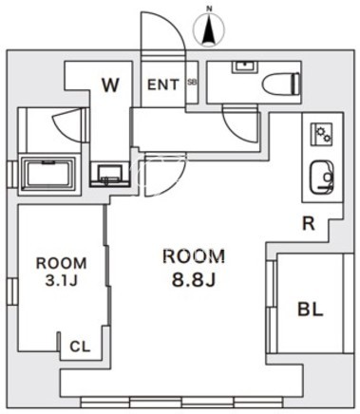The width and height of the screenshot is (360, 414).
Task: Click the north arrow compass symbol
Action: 209,29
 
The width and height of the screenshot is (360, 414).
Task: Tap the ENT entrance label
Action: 163,85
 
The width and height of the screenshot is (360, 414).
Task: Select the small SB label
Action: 192,82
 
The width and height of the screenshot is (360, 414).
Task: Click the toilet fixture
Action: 281,84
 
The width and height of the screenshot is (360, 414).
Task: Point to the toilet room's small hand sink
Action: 246,66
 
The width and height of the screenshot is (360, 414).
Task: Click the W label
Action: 111,85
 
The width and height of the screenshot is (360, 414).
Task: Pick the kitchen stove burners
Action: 322,135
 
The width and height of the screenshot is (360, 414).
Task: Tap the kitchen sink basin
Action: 321,177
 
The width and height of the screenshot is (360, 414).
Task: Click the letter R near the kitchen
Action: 309,224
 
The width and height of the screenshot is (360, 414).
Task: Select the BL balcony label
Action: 311,309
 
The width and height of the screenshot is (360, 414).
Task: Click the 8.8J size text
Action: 194,279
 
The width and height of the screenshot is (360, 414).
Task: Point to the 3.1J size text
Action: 61,280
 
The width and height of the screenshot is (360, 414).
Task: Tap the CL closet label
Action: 80,347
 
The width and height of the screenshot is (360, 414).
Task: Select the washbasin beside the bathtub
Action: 110,174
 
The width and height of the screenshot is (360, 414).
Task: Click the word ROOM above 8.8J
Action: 194,256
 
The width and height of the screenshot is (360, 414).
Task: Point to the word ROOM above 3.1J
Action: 61,263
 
